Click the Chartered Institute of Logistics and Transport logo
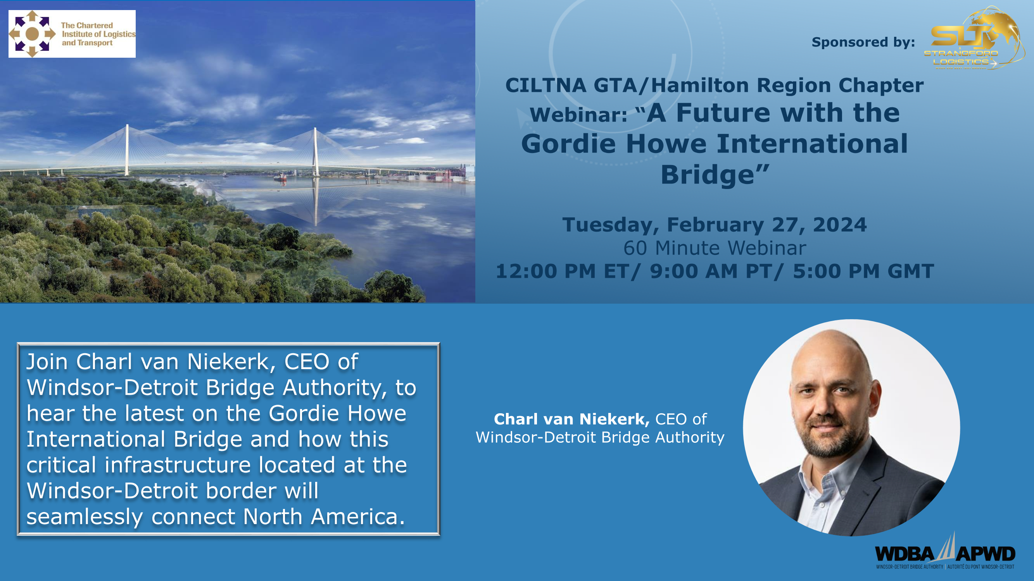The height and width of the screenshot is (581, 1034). [x=72, y=34]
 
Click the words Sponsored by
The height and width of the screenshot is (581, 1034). [x=863, y=42]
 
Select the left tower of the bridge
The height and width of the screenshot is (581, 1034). [x=127, y=150]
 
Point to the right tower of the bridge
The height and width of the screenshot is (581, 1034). [x=316, y=152]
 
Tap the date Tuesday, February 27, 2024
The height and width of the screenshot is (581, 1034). [x=715, y=225]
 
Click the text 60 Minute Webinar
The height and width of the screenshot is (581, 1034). [x=715, y=248]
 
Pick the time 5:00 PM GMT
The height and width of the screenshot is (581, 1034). [x=863, y=271]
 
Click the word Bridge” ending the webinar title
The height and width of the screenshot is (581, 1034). [x=715, y=175]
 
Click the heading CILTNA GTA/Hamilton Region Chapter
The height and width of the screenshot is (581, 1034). [x=715, y=85]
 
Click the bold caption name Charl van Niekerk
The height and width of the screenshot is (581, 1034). [x=571, y=419]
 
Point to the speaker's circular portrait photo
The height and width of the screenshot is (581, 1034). [x=851, y=428]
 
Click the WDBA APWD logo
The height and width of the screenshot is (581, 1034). [x=945, y=552]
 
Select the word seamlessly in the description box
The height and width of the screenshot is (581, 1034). [x=85, y=517]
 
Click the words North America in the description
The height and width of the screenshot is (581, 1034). [x=325, y=516]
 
